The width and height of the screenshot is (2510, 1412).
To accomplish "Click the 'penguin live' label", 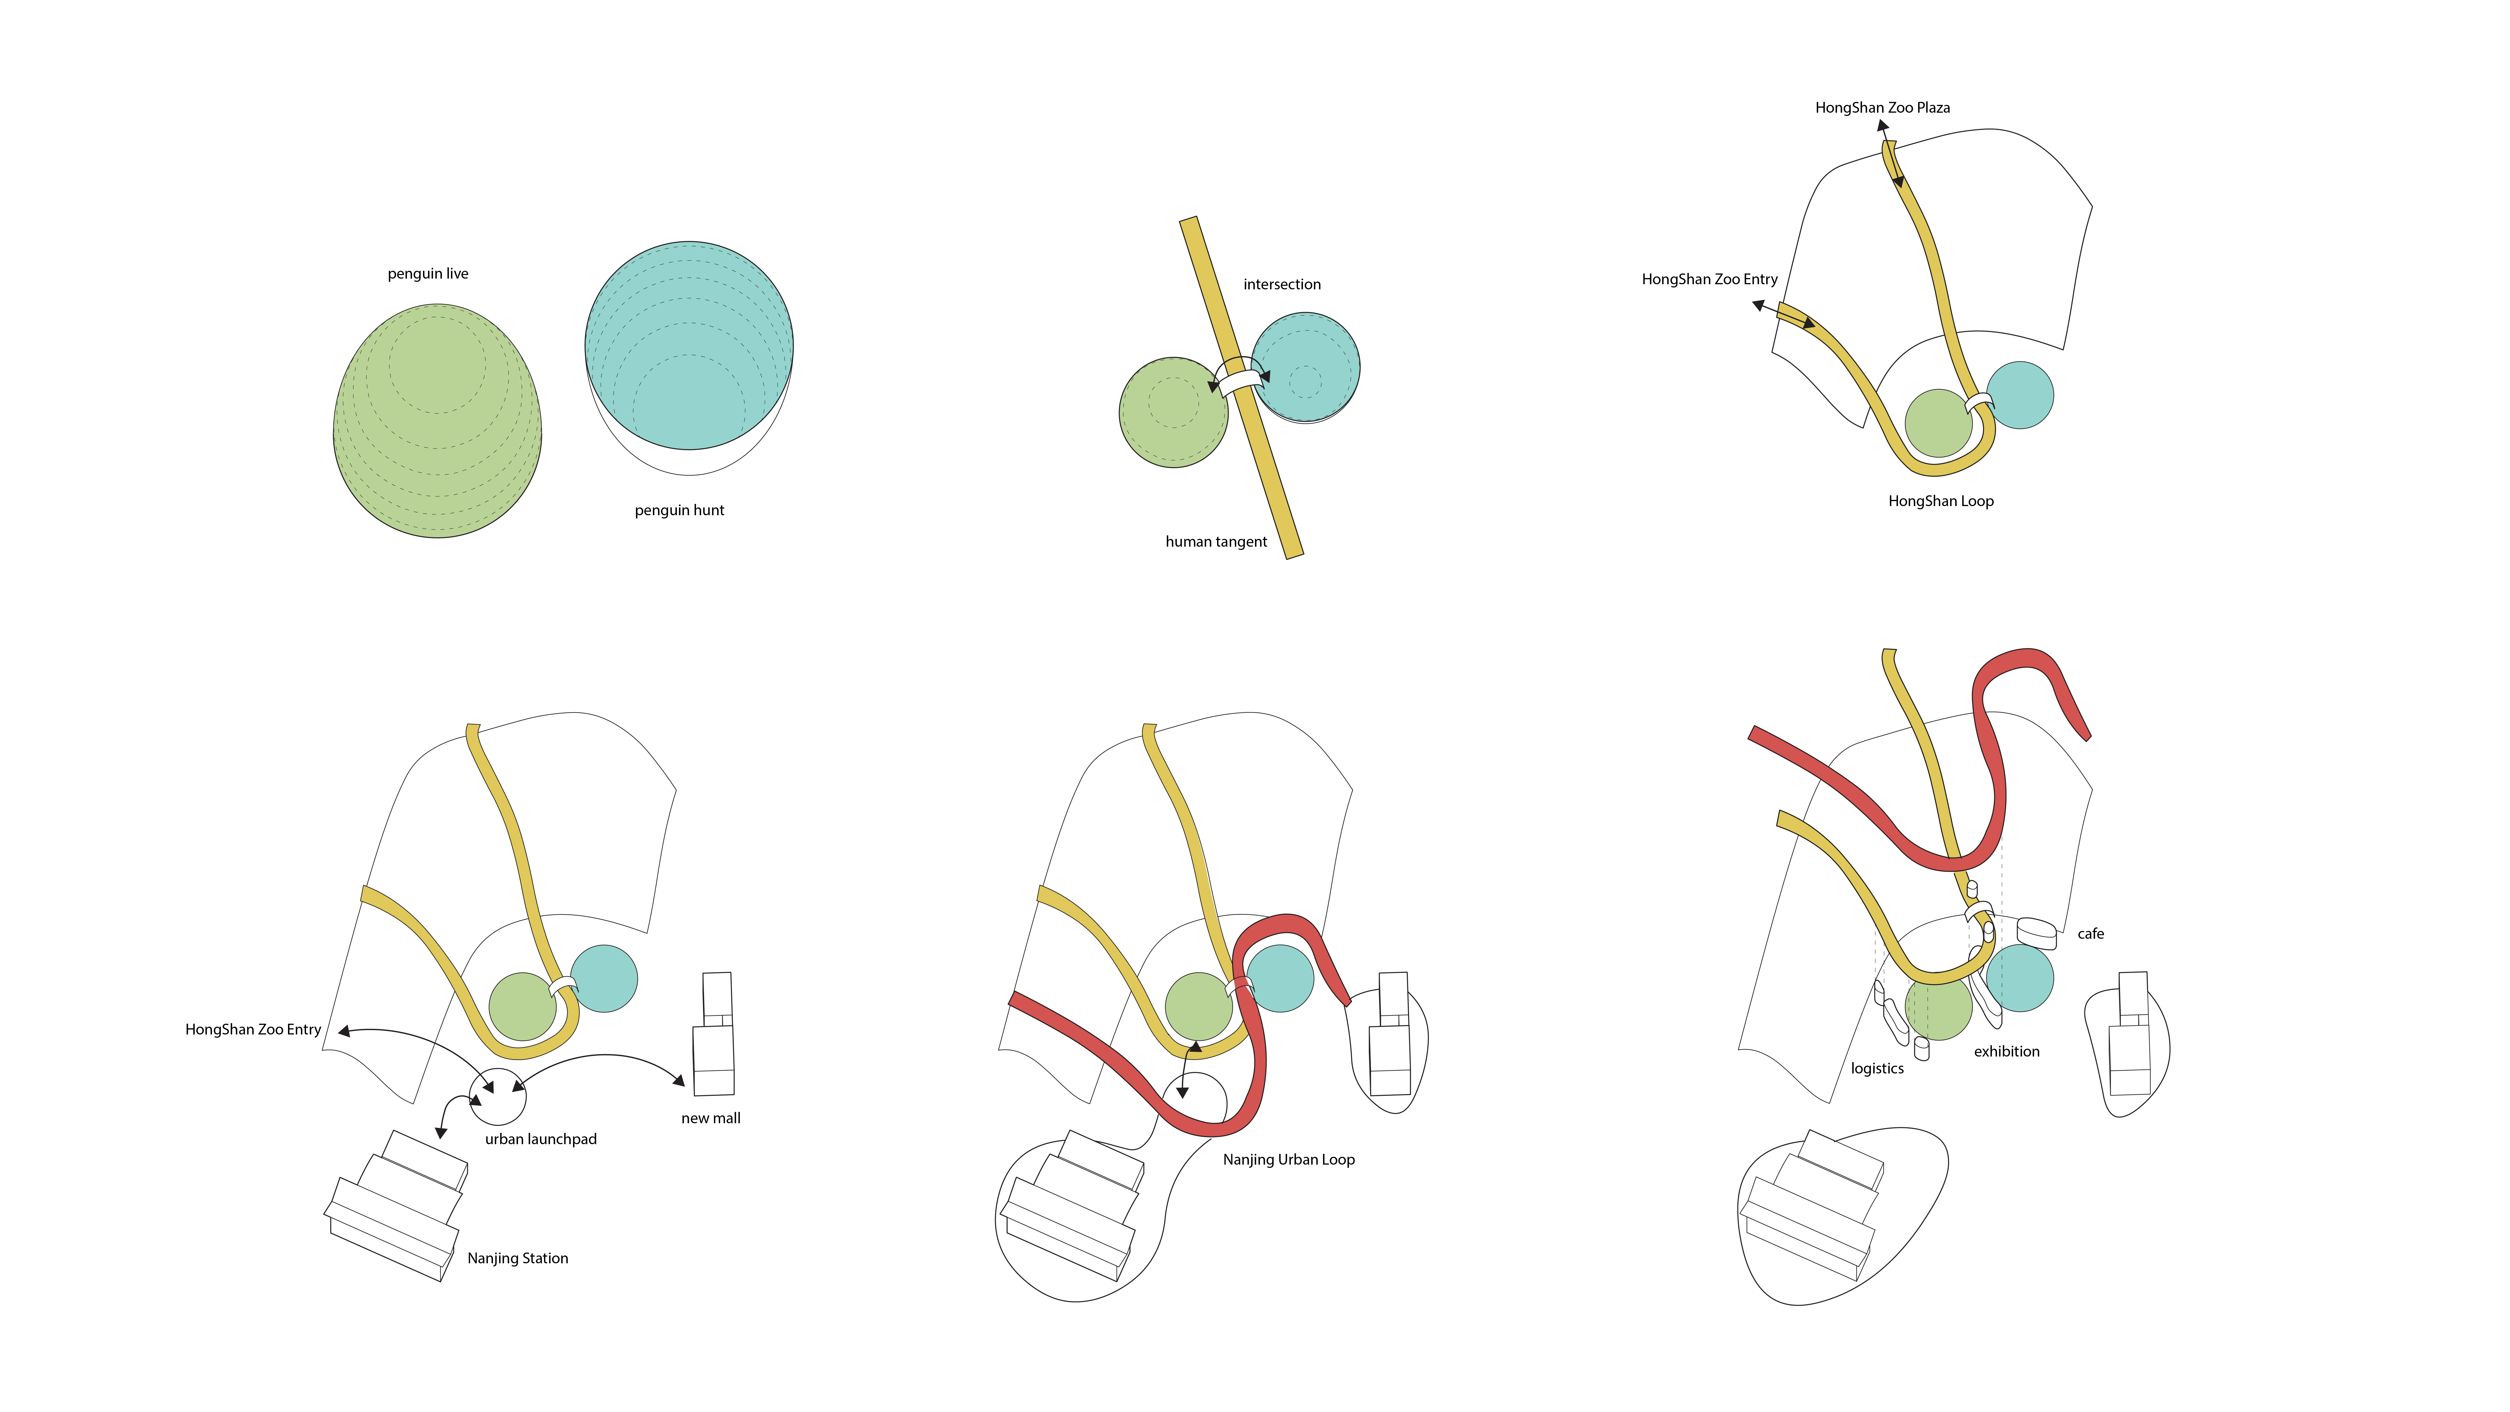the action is click(x=428, y=274).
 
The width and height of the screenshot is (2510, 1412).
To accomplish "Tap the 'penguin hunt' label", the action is click(x=679, y=511).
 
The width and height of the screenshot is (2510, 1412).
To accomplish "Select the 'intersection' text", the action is click(x=1281, y=284).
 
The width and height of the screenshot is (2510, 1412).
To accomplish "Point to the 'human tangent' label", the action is click(x=1216, y=542).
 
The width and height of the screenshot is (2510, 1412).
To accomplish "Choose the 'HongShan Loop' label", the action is click(x=1940, y=501).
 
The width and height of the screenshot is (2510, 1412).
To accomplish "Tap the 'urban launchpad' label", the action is click(x=541, y=1139).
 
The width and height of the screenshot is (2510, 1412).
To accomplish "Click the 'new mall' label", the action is click(x=710, y=1119).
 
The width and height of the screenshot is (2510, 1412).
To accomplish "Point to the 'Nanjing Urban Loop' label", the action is click(x=1288, y=1160).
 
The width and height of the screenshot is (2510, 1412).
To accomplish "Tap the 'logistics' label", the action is click(x=1877, y=1069).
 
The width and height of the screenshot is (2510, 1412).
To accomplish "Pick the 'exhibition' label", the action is click(x=2006, y=1051).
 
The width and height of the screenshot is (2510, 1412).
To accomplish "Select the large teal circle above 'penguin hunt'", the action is click(x=689, y=346).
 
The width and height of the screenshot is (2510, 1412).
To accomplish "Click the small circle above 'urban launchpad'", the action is click(x=498, y=1096).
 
